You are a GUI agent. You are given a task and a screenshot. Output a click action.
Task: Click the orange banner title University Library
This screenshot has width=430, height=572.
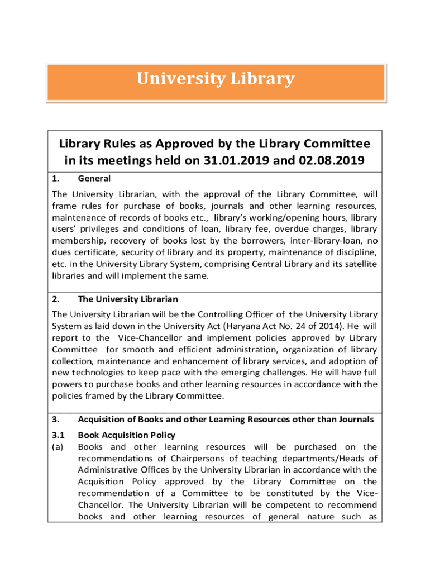pos(216,79)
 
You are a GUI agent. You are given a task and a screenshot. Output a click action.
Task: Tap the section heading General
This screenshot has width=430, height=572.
pos(94,179)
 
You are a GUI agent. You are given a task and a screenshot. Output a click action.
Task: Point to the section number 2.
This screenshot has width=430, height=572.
pos(55,299)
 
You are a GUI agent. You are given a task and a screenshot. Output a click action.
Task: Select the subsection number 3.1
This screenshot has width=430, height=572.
pos(58,435)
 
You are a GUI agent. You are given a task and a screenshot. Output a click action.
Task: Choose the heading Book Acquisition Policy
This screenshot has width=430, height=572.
pos(126,435)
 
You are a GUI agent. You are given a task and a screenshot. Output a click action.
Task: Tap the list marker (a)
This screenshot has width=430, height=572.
pos(58,446)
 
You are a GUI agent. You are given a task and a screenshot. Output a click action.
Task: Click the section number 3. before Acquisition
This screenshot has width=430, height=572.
pos(55,420)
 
